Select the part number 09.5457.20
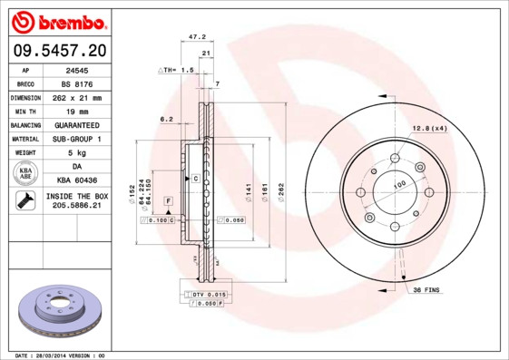pyautogui.click(x=57, y=50)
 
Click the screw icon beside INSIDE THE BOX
pyautogui.click(x=21, y=201)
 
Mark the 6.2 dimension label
pyautogui.click(x=166, y=119)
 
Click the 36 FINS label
pyautogui.click(x=426, y=289)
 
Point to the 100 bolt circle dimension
pyautogui.click(x=398, y=185)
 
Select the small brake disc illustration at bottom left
pyautogui.click(x=56, y=312)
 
